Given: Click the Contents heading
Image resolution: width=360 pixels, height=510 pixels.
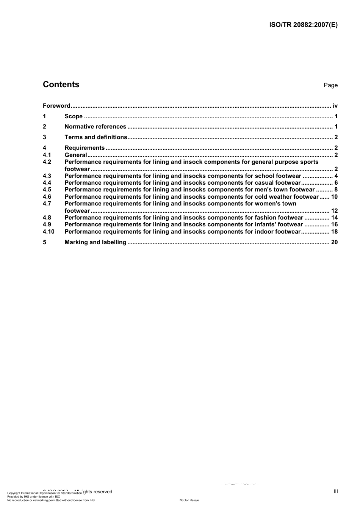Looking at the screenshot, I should pos(61,85).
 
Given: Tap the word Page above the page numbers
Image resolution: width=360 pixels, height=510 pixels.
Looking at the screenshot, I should pos(330,85).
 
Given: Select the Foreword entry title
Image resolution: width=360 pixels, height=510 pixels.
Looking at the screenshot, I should pos(56,106).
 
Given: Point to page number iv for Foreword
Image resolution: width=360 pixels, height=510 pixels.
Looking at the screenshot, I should pos(335,106).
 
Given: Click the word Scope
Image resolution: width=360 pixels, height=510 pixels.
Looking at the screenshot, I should pos(74,116).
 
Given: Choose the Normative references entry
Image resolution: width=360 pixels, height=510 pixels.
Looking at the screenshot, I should pos(95,127).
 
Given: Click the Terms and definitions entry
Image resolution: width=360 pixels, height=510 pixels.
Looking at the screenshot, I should pos(96,137).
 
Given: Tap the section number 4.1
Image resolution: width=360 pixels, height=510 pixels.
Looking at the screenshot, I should pos(47,155).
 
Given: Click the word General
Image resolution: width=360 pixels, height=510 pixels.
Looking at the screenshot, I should pos(76,155).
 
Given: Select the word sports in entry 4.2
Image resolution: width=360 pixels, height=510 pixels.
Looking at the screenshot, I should pos(309,162).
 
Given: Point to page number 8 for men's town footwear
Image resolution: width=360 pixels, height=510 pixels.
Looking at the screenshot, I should pos(336,190).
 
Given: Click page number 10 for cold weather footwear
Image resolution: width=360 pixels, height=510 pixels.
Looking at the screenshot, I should pos(334,197).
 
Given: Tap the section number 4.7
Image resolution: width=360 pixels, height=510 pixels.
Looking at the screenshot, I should pos(47,204).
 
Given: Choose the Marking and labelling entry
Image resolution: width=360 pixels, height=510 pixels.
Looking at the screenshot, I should pos(95,242).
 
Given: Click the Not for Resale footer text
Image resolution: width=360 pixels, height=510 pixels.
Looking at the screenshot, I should pos(189,501).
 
